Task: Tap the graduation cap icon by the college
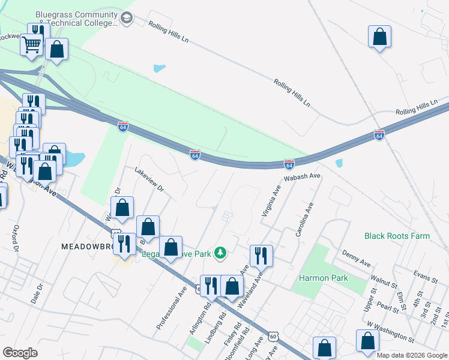(x=127, y=19)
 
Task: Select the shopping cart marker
(x=32, y=44)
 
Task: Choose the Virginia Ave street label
(x=271, y=200)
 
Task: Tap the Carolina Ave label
(x=305, y=218)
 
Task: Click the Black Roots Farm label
(x=397, y=236)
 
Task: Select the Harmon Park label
(x=324, y=279)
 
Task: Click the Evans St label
(x=425, y=276)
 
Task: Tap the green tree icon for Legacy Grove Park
(x=220, y=253)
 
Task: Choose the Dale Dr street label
(x=39, y=293)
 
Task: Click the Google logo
(x=20, y=353)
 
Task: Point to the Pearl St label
(x=388, y=307)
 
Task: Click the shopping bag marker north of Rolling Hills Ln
(x=379, y=37)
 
